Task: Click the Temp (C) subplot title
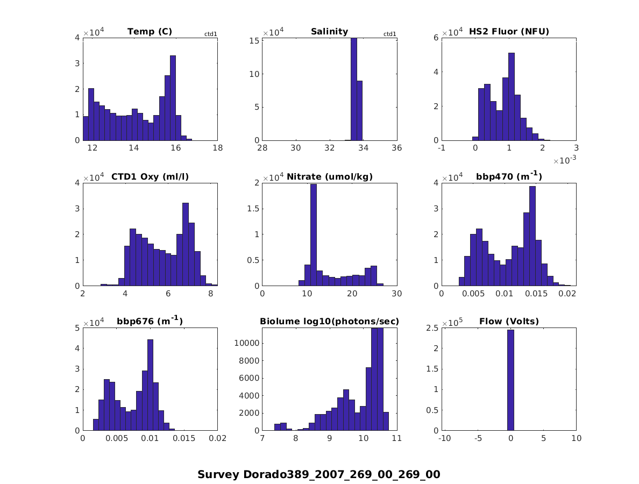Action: (150, 32)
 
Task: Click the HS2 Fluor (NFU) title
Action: (509, 32)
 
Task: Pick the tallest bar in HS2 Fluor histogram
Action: (511, 97)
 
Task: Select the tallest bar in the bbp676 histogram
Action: (150, 385)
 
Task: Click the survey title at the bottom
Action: (319, 474)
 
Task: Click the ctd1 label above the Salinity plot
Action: (389, 34)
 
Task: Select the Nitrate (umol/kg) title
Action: (330, 177)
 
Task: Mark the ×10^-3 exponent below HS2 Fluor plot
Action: (565, 160)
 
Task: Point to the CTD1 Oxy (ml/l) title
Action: (150, 177)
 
